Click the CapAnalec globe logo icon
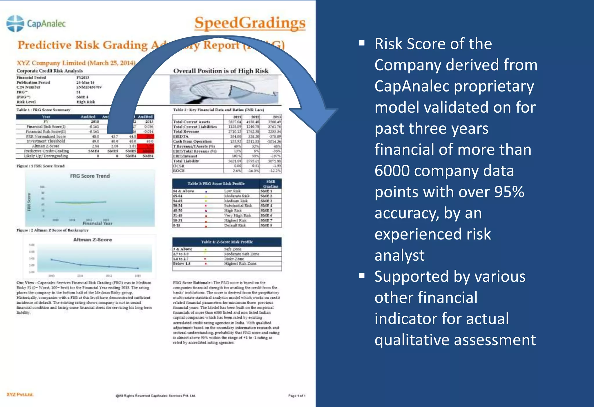coord(15,23)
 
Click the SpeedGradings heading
coord(250,23)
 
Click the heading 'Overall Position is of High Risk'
coord(221,71)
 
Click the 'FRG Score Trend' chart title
coord(90,176)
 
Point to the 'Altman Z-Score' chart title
coord(92,240)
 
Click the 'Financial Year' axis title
coord(97,223)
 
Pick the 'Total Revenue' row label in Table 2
coord(186,132)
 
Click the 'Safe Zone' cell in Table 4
coord(232,249)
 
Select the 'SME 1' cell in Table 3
coord(266,191)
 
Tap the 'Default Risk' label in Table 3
coord(235,225)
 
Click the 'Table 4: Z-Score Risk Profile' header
coord(227,242)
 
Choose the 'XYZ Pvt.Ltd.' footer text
coord(20,395)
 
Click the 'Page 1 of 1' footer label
coord(297,396)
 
